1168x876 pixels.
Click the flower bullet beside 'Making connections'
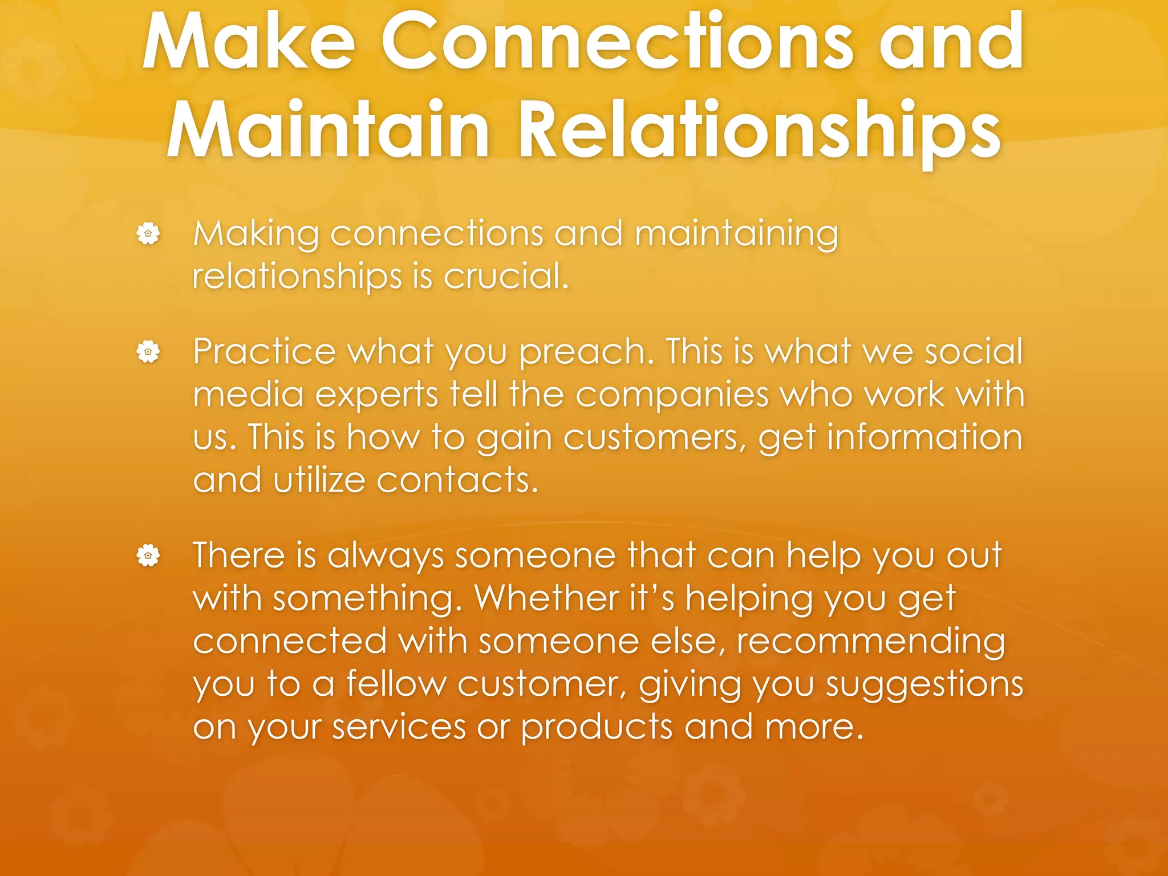148,234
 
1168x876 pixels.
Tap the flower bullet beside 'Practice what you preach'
148,351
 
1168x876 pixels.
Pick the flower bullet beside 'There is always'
148,555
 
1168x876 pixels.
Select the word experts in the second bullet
376,395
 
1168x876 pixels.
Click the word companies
671,395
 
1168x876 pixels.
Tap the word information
924,438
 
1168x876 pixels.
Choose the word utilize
319,480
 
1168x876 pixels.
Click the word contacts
457,480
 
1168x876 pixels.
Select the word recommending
870,642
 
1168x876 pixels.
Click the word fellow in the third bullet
396,684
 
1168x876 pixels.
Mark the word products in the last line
597,728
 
